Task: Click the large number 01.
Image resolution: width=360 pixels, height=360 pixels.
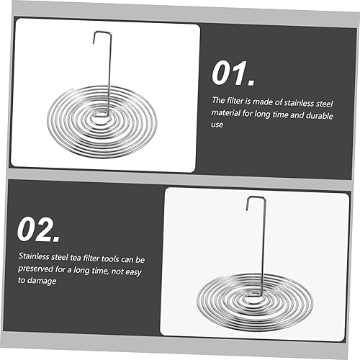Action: pyautogui.click(x=233, y=73)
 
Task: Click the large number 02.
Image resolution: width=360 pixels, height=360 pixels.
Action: pyautogui.click(x=38, y=229)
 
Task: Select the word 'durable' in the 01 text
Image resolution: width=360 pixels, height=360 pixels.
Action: pyautogui.click(x=320, y=115)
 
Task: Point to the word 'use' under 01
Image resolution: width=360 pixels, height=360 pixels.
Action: pyautogui.click(x=217, y=125)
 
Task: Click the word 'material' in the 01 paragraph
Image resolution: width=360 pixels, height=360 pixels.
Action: pyautogui.click(x=225, y=112)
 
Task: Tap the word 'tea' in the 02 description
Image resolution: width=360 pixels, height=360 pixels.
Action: pyautogui.click(x=76, y=258)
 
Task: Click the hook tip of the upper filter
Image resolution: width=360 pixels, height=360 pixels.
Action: pyautogui.click(x=94, y=42)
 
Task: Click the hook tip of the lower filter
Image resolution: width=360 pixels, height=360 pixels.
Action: pyautogui.click(x=247, y=210)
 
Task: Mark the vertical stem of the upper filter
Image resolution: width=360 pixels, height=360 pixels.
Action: pyautogui.click(x=109, y=74)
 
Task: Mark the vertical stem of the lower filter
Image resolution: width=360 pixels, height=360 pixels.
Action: pyautogui.click(x=264, y=247)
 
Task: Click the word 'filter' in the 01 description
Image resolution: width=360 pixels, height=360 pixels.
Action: pyautogui.click(x=235, y=101)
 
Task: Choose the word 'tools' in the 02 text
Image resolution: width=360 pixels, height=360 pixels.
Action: pyautogui.click(x=110, y=258)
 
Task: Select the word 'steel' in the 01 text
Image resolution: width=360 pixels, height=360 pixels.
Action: pyautogui.click(x=325, y=104)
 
